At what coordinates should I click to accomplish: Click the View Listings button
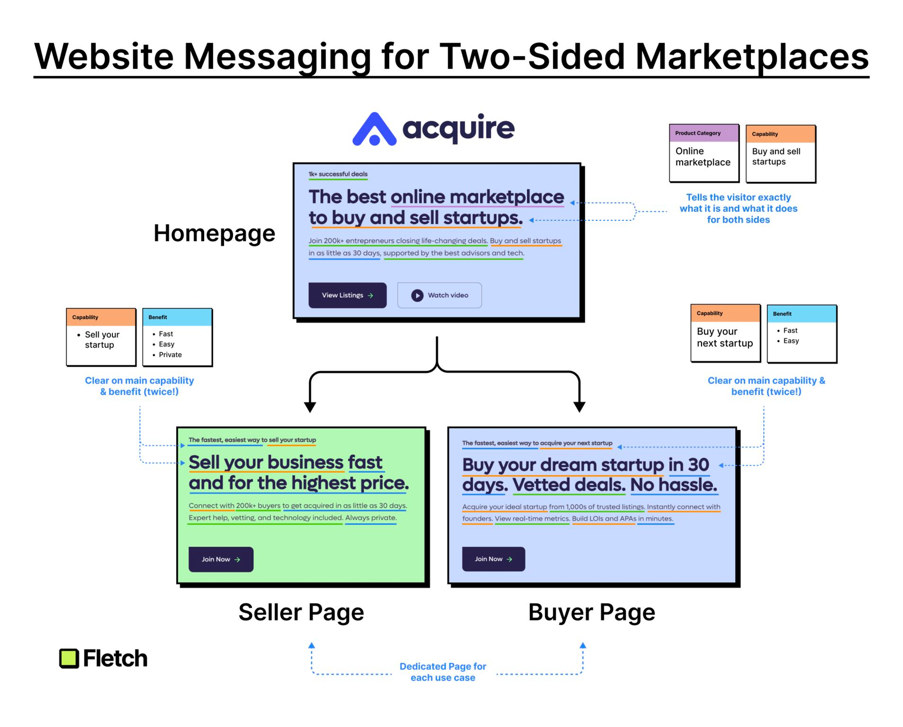pyautogui.click(x=347, y=295)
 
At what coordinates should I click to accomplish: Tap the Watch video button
pyautogui.click(x=439, y=295)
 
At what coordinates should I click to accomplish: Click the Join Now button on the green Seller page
pyautogui.click(x=221, y=559)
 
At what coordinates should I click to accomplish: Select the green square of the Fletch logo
pyautogui.click(x=69, y=658)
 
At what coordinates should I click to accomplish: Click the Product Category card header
pyautogui.click(x=704, y=133)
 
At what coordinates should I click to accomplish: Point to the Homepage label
pyautogui.click(x=214, y=233)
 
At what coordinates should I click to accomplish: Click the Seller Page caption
pyautogui.click(x=301, y=612)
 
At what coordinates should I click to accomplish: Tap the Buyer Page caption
pyautogui.click(x=591, y=612)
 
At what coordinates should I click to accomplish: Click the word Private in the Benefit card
pyautogui.click(x=170, y=355)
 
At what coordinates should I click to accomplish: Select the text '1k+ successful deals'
pyautogui.click(x=338, y=174)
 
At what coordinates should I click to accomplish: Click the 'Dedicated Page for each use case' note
pyautogui.click(x=443, y=672)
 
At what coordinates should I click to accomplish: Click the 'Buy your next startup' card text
pyautogui.click(x=725, y=337)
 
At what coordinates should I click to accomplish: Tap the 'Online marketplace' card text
pyautogui.click(x=703, y=157)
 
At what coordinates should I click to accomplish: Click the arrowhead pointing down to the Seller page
pyautogui.click(x=310, y=407)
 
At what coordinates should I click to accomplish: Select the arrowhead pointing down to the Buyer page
pyautogui.click(x=579, y=407)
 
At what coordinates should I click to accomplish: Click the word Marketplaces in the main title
pyautogui.click(x=752, y=56)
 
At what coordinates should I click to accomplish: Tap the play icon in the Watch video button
pyautogui.click(x=417, y=295)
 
